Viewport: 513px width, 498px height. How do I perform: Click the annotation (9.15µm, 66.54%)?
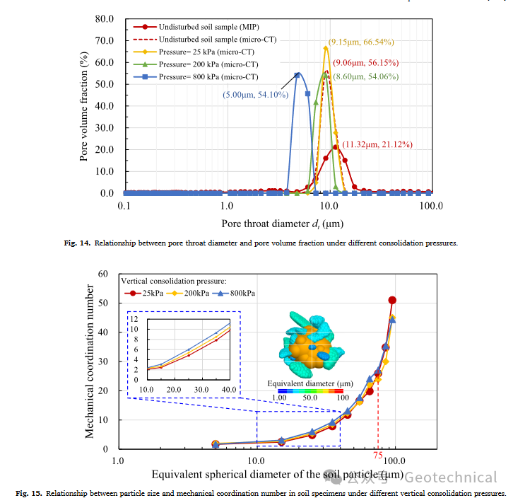pos(360,42)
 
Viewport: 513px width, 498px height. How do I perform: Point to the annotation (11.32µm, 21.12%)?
pos(377,144)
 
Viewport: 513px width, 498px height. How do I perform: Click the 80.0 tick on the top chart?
pos(104,18)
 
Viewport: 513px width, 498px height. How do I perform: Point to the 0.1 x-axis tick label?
pos(125,206)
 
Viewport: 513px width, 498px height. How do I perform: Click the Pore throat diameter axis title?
pos(283,224)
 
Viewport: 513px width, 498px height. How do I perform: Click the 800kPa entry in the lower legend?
pos(242,293)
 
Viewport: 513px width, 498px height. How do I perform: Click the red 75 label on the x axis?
pos(379,454)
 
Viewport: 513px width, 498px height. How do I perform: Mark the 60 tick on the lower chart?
pos(102,274)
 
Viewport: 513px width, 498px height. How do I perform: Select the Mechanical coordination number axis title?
pos(90,361)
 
